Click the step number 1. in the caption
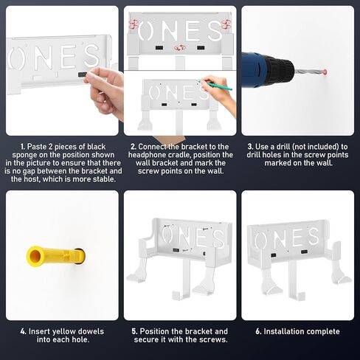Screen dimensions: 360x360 click(23, 147)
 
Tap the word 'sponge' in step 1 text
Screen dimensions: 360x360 click(24, 155)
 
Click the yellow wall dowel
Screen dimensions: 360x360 click(56, 257)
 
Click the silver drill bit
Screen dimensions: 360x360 click(309, 72)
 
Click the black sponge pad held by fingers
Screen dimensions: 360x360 click(83, 75)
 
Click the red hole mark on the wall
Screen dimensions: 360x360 click(325, 72)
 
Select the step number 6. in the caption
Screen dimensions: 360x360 click(258, 331)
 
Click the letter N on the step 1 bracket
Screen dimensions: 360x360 click(43, 58)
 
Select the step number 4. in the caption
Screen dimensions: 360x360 click(24, 331)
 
